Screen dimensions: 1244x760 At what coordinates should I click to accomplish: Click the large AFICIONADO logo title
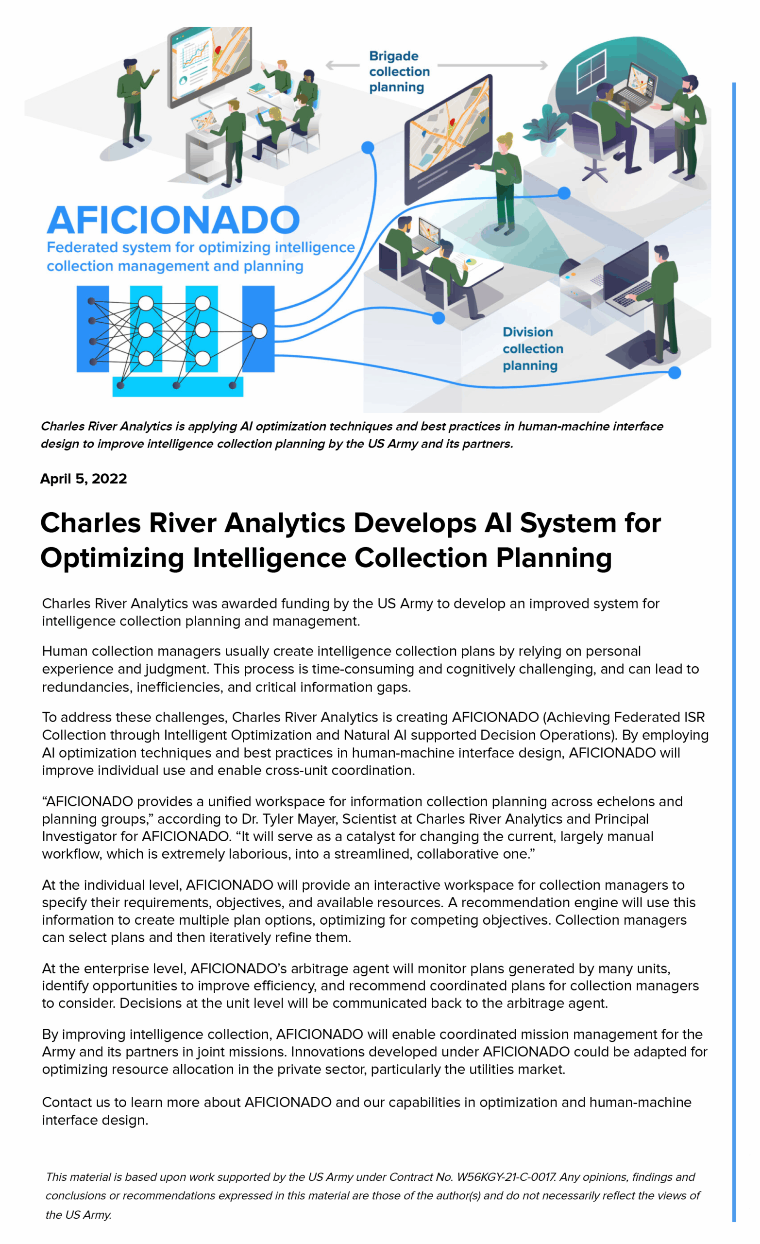pyautogui.click(x=173, y=221)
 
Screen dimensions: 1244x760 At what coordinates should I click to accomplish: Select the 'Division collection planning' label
pyautogui.click(x=532, y=348)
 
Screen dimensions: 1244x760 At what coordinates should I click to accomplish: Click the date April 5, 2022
pyautogui.click(x=83, y=478)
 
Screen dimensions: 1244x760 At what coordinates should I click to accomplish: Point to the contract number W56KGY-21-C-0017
pyautogui.click(x=506, y=1177)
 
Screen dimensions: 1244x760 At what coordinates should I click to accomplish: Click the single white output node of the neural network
pyautogui.click(x=259, y=331)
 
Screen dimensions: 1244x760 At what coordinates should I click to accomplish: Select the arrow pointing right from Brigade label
pyautogui.click(x=492, y=65)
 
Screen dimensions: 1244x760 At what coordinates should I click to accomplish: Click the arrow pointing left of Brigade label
pyautogui.click(x=342, y=65)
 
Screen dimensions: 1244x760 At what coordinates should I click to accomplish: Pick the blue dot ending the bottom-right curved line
pyautogui.click(x=674, y=373)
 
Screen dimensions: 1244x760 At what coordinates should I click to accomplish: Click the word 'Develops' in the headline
pyautogui.click(x=414, y=522)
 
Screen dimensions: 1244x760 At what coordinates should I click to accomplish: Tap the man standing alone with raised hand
pyautogui.click(x=132, y=101)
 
